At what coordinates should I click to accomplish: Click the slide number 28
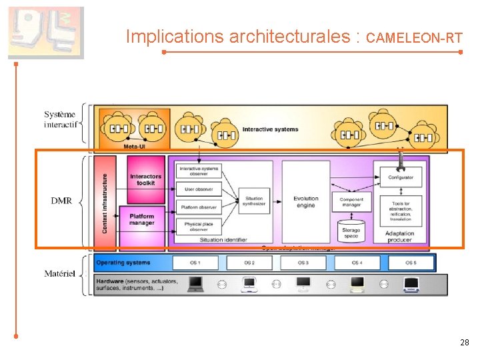[465, 342]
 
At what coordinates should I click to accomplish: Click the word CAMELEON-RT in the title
[414, 38]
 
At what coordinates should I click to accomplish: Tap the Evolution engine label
[306, 202]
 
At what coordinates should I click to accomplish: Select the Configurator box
[400, 177]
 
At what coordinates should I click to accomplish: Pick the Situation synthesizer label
[253, 201]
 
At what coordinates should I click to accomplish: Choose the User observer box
[198, 189]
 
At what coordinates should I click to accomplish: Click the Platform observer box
[198, 207]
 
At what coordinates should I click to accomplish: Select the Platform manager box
[142, 219]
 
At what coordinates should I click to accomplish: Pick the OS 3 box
[303, 263]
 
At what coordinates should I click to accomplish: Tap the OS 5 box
[411, 263]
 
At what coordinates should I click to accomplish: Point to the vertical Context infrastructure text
[105, 203]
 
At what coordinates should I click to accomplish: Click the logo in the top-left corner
[46, 33]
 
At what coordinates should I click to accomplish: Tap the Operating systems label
[120, 263]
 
